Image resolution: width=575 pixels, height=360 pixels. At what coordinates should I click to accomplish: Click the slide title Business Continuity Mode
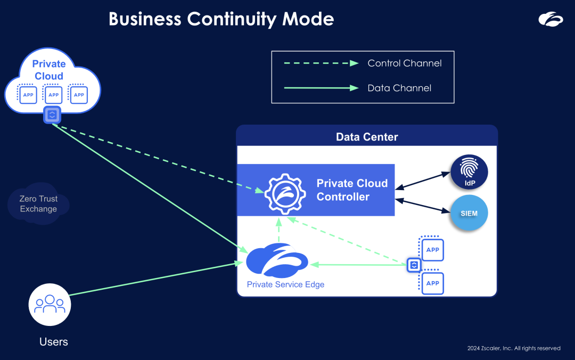221,19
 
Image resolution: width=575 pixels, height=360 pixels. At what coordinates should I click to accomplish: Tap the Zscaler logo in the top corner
550,20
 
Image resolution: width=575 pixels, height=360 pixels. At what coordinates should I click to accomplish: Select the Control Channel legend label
405,63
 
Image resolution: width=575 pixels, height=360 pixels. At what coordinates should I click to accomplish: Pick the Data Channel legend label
399,88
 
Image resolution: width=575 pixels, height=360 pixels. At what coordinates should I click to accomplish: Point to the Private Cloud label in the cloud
49,70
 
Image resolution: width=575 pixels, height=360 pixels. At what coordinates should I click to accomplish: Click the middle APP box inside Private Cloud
53,95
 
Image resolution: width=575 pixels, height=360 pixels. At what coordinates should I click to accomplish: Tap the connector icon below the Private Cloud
52,115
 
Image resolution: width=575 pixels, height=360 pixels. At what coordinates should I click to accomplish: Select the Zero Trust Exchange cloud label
38,204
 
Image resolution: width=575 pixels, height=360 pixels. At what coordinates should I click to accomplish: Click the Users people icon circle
50,304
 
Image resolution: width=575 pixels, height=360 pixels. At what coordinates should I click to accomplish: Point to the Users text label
54,342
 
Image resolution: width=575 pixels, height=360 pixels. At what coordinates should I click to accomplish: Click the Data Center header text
367,137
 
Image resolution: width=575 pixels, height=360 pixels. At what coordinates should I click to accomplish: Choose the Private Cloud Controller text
352,190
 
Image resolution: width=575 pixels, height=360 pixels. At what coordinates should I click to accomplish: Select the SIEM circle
470,213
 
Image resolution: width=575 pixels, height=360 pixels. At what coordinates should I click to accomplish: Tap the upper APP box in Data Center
433,250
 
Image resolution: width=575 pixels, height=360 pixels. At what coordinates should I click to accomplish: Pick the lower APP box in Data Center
433,283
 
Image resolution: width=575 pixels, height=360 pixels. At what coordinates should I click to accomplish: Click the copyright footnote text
514,348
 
